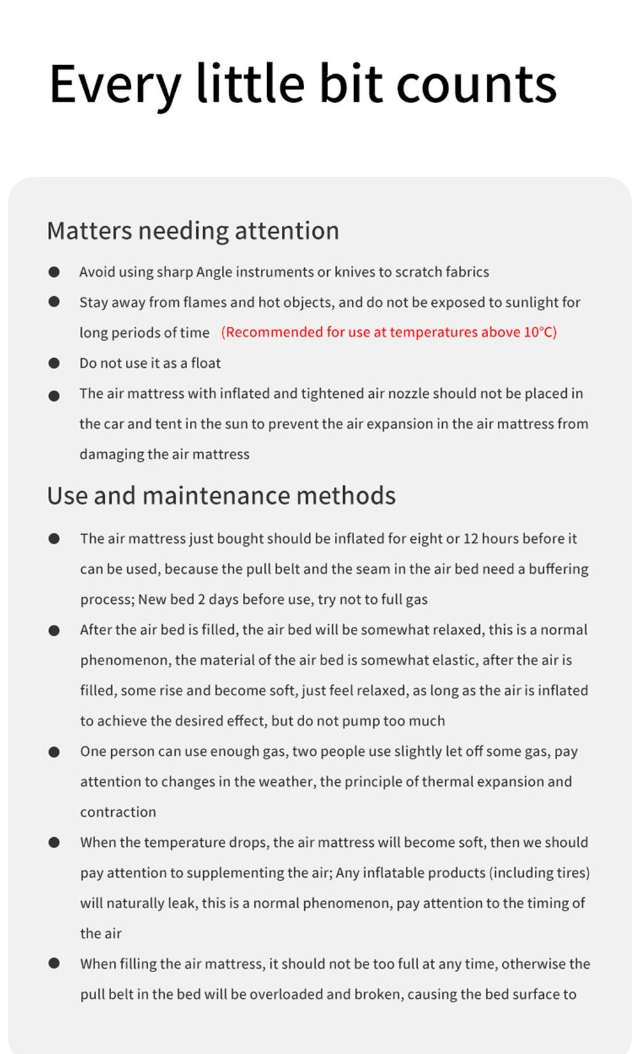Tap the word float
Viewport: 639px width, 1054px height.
click(206, 363)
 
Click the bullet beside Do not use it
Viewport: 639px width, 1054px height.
click(54, 363)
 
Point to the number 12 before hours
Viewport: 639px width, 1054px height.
click(470, 539)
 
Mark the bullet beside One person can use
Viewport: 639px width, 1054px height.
click(54, 751)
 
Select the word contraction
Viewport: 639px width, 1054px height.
click(118, 812)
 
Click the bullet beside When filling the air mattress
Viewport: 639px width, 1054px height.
click(54, 963)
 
